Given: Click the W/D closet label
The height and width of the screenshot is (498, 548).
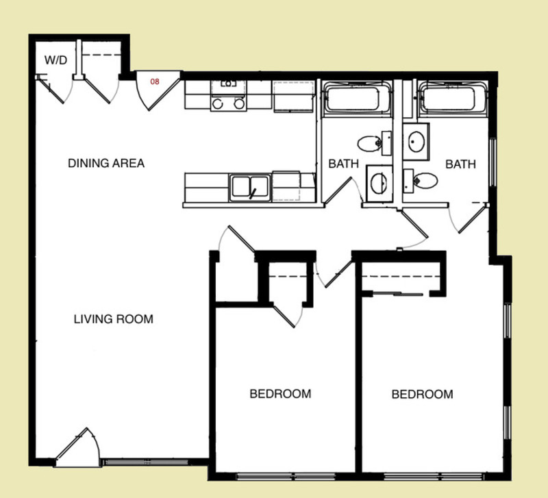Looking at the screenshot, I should coord(56,60).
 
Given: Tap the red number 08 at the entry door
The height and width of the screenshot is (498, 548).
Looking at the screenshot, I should coord(155,82).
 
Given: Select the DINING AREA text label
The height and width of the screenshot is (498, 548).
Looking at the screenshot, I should coord(106,163).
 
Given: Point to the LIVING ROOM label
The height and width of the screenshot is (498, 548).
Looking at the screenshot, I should coord(113,319).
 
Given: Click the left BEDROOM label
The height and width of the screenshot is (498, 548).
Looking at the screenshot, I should coord(280,394).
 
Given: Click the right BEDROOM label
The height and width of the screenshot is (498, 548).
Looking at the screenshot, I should coord(422,394).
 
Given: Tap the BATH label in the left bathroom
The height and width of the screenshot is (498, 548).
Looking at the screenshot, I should coord(342,164).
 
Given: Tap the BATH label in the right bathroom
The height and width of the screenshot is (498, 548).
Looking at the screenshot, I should coord(460,164).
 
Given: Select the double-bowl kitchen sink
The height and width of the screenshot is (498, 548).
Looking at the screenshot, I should coord(250,186).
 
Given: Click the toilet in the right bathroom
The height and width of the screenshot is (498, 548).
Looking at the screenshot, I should coord(423,182).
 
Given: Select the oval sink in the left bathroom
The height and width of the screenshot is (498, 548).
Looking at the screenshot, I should coord(377,183).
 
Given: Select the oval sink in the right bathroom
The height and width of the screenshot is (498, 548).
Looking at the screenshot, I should coord(416,142).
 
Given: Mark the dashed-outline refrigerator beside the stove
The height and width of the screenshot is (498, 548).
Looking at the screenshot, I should coord(293,96).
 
